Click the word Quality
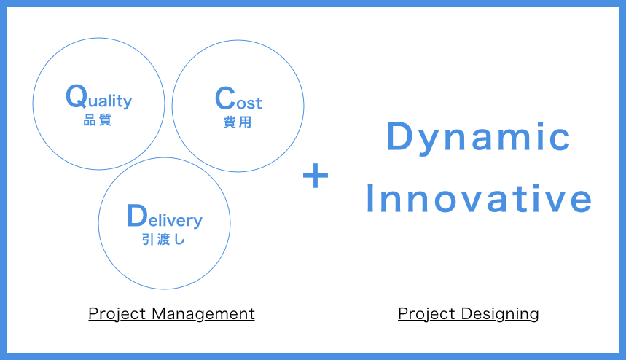(99, 97)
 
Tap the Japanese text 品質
(98, 120)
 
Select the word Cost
(238, 98)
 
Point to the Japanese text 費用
(238, 122)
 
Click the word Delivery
(165, 216)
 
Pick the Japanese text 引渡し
(163, 240)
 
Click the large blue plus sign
(316, 176)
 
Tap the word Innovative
(479, 198)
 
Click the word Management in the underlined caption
(203, 314)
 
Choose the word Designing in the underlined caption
(500, 315)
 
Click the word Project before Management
(117, 315)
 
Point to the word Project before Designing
(426, 315)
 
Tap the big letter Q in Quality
(77, 96)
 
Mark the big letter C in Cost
(225, 98)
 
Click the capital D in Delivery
(137, 216)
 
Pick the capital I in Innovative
(369, 198)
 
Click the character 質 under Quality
(105, 120)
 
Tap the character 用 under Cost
(245, 122)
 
